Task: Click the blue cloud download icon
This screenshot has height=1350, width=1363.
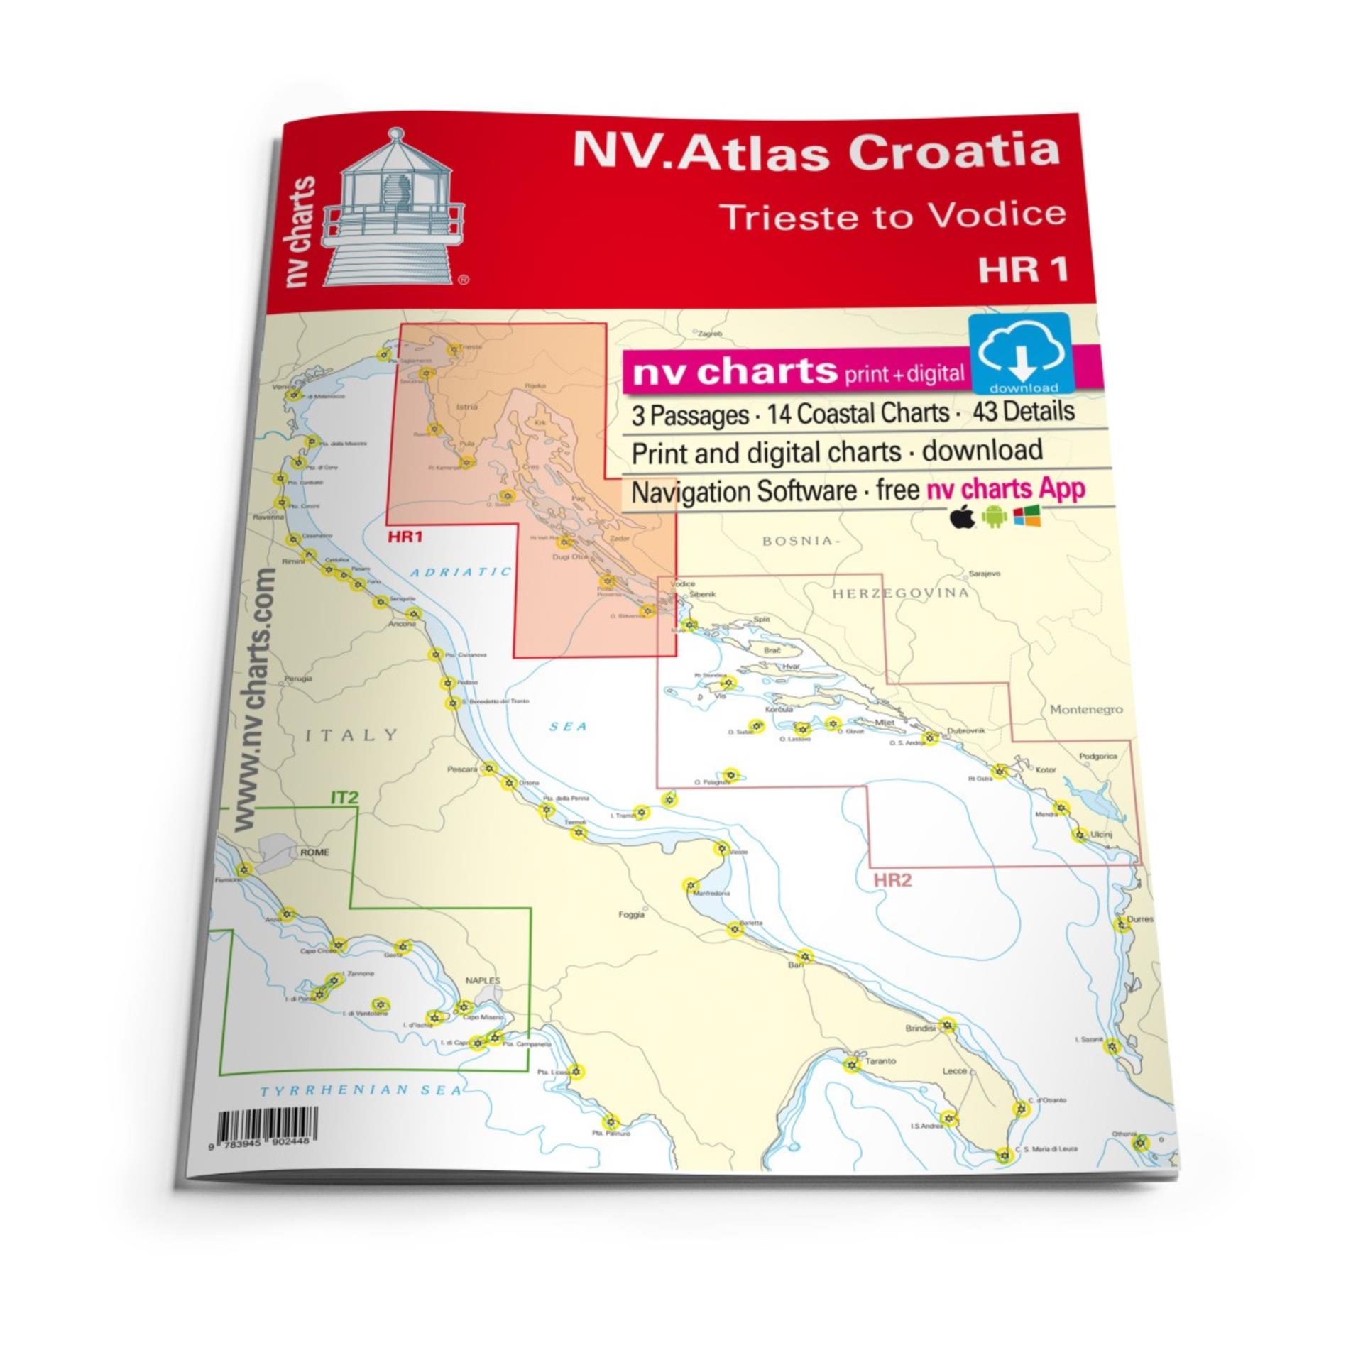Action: (x=1022, y=352)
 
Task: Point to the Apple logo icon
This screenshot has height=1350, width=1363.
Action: (x=960, y=519)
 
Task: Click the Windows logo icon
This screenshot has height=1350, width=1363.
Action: (x=1027, y=517)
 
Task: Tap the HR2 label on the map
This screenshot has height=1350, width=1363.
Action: (x=892, y=881)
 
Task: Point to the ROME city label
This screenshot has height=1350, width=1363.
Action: (x=314, y=852)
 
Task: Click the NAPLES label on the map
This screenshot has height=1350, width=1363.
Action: (x=482, y=981)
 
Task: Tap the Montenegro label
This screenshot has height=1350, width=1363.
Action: (x=1086, y=709)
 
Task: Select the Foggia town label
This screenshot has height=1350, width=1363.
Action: (x=631, y=915)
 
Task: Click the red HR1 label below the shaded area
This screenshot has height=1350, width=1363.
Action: (x=405, y=537)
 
